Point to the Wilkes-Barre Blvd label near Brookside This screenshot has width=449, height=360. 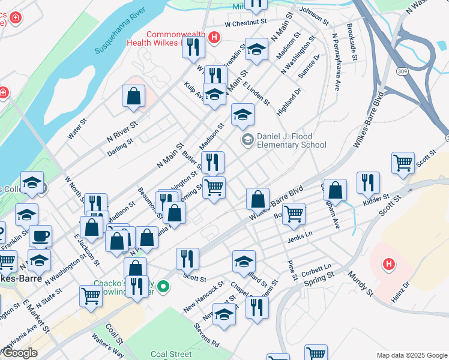click(369, 119)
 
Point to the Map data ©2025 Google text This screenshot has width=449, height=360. click(411, 355)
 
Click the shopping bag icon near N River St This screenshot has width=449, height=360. click(133, 96)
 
